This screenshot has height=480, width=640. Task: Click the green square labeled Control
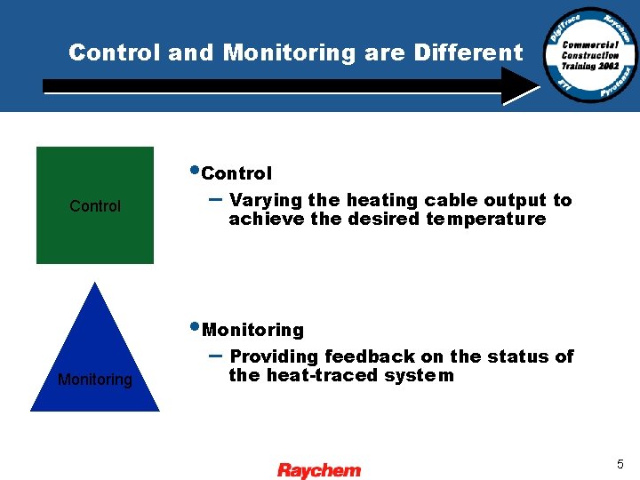coord(95,205)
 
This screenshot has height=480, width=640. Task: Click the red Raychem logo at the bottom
coord(319,470)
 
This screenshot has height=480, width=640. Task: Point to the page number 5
coord(620,464)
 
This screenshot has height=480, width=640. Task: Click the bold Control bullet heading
coord(237,173)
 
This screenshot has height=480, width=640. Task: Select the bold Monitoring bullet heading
coord(253,331)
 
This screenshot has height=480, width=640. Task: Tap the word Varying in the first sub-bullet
coord(266,201)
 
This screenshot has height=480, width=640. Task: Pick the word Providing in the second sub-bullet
coord(274,357)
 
